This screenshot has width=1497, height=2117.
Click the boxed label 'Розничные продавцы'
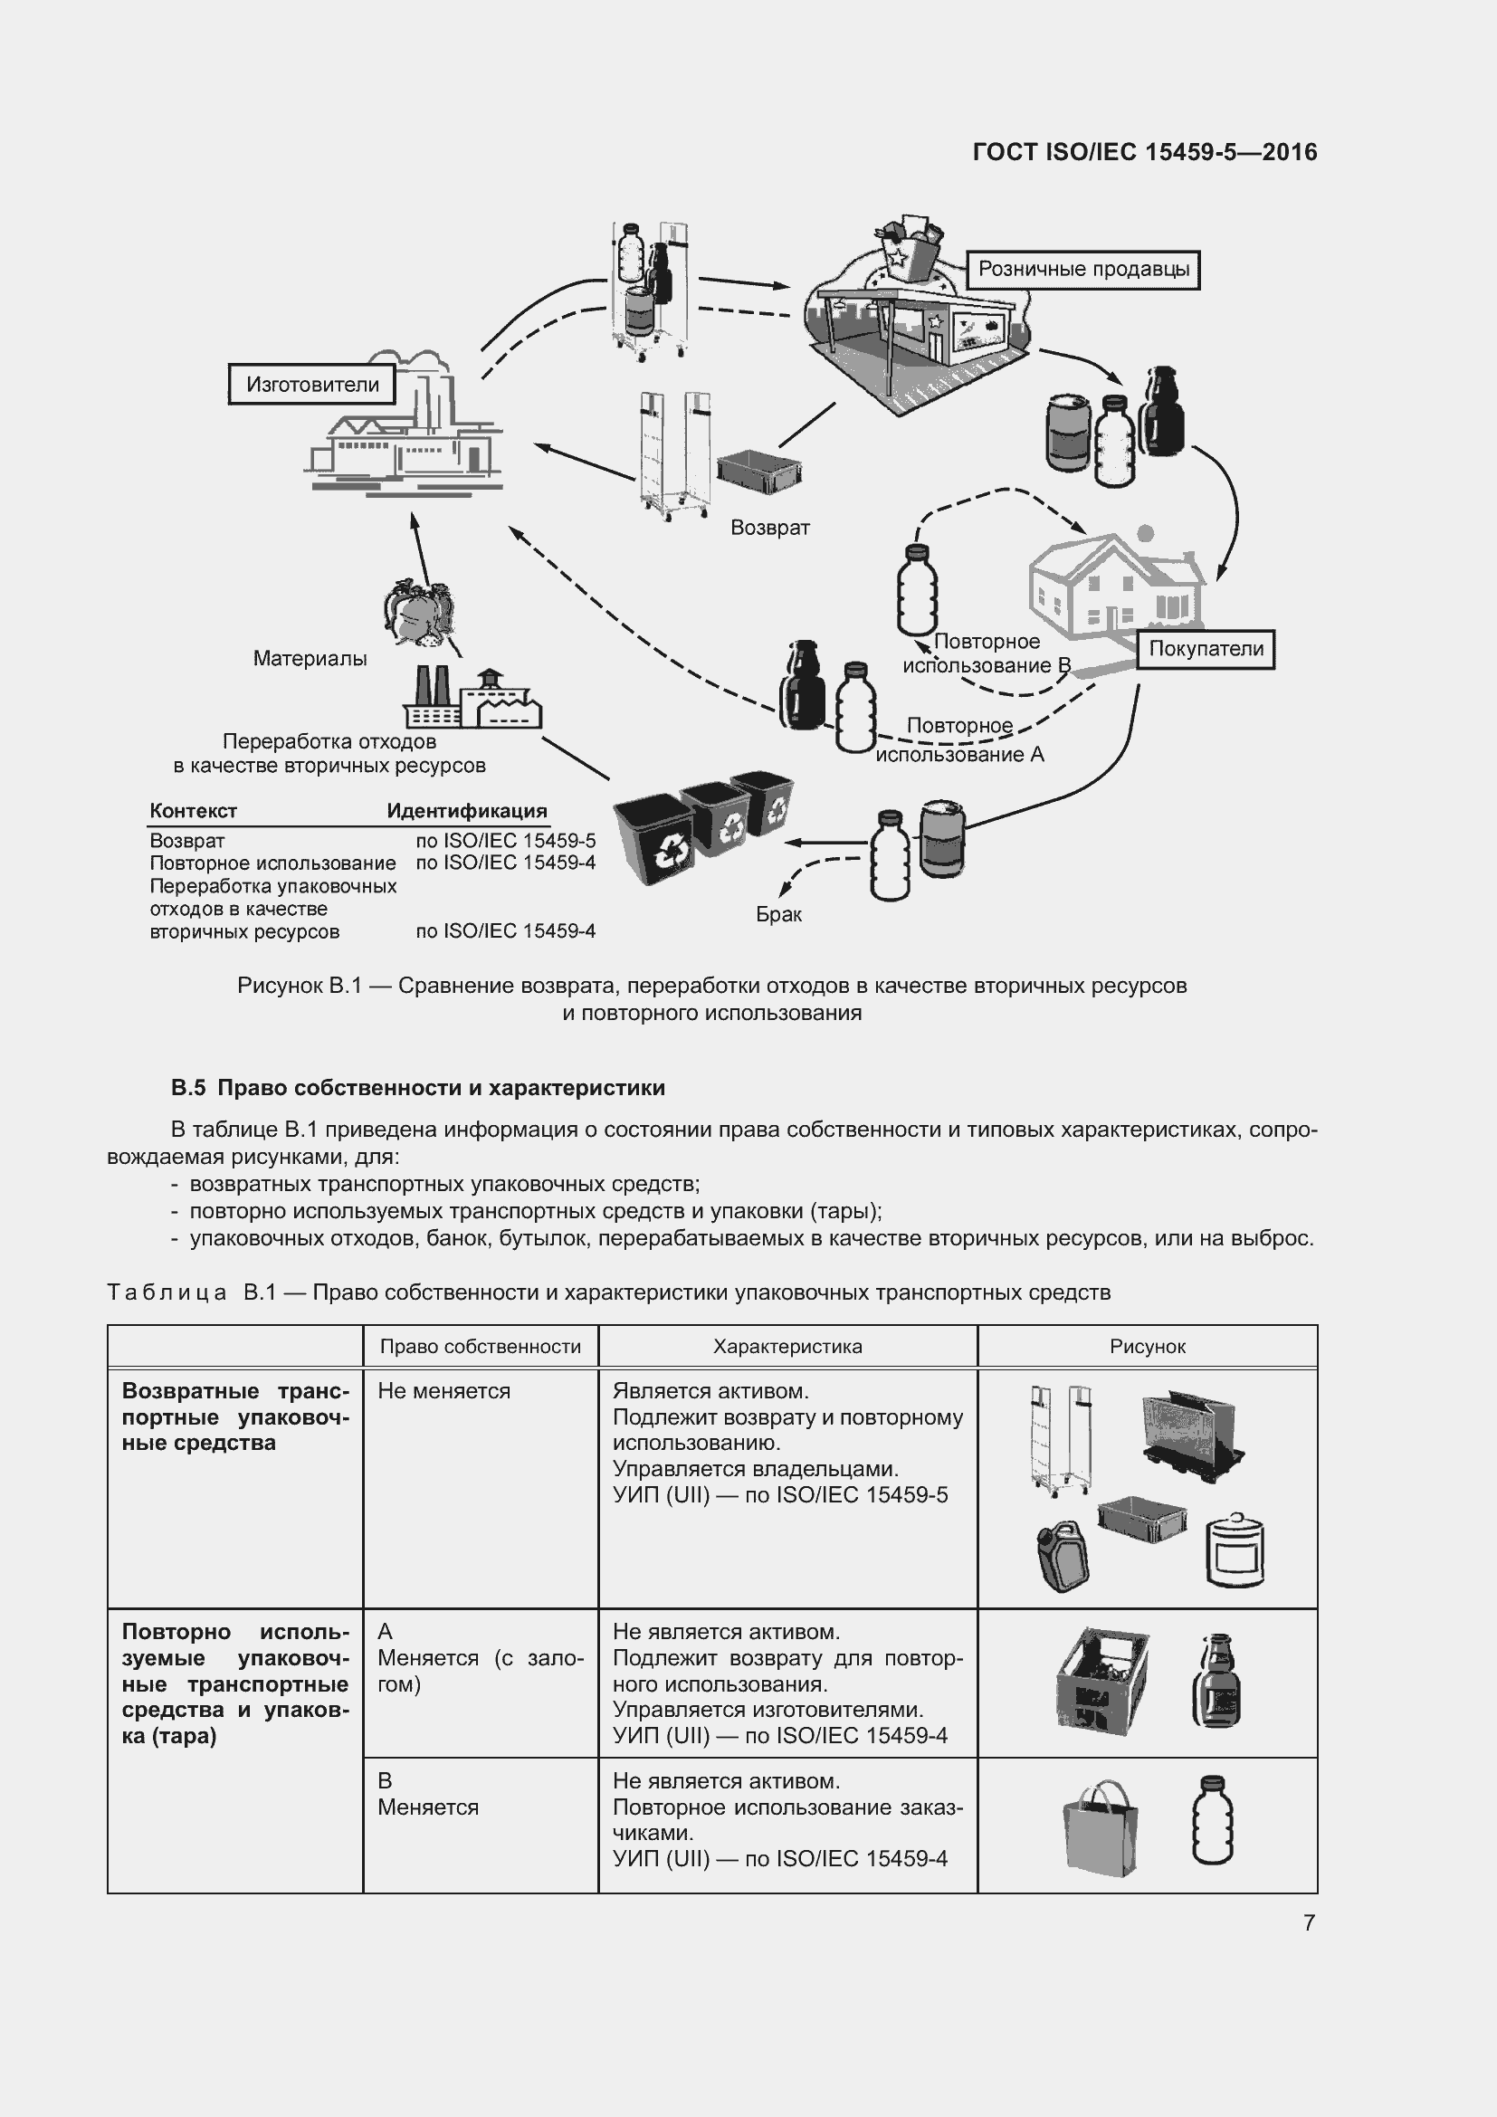[x=1083, y=270]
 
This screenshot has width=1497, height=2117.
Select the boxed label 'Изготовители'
[x=311, y=385]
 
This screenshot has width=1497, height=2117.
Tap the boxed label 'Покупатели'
[x=1205, y=649]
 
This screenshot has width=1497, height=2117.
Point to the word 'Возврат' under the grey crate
[x=769, y=529]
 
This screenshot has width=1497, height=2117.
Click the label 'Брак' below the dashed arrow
[x=779, y=915]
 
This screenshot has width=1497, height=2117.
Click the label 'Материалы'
[x=310, y=658]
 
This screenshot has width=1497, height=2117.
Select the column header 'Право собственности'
[x=481, y=1346]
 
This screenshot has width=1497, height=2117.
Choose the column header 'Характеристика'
[x=787, y=1346]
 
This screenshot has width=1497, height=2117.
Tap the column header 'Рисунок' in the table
[x=1147, y=1346]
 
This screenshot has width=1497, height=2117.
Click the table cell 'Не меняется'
[x=443, y=1390]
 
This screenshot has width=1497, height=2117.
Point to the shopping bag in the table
[x=1100, y=1831]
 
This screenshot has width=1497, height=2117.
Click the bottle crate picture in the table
[x=1101, y=1682]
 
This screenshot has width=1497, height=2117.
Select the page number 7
[x=1309, y=1922]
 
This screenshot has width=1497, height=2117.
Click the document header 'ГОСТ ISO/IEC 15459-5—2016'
[x=1144, y=152]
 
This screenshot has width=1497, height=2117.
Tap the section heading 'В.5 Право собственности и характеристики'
[x=417, y=1088]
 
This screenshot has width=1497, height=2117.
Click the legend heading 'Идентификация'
[x=466, y=811]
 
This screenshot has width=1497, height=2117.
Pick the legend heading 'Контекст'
[x=193, y=811]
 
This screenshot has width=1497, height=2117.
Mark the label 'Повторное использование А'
[x=958, y=740]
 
